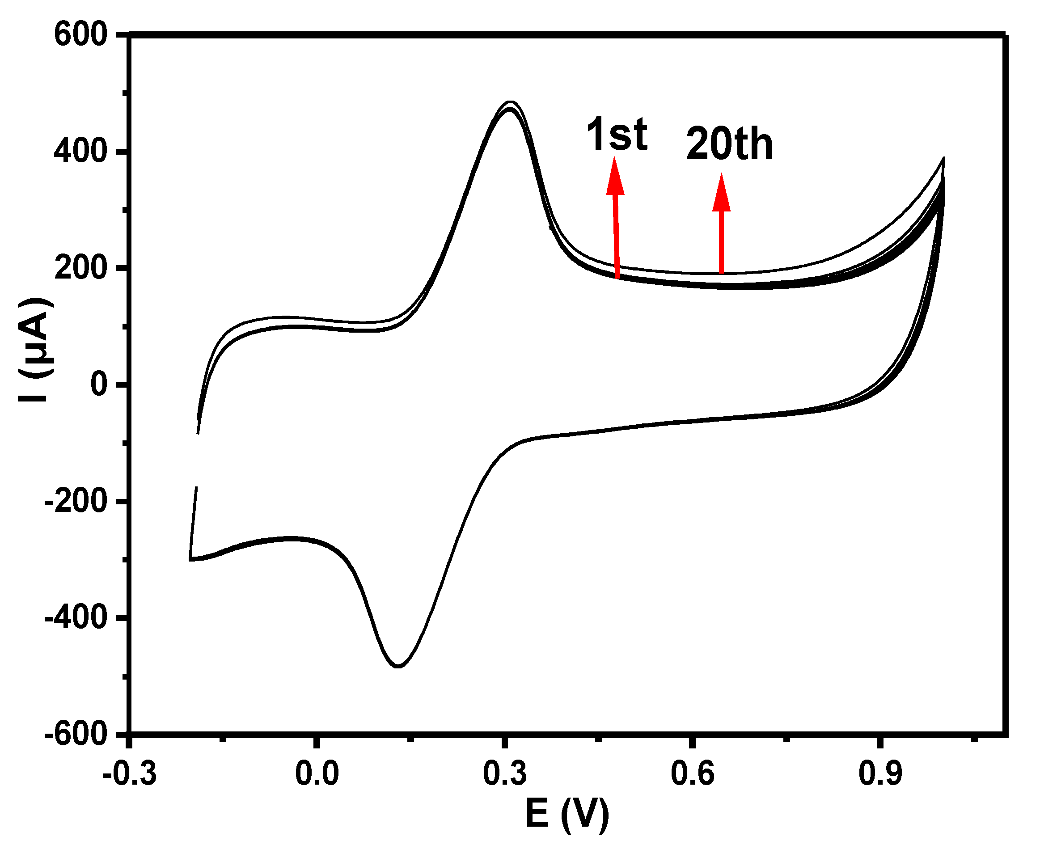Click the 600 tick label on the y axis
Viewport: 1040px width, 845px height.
coord(80,35)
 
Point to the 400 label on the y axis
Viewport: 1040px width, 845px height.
coord(80,152)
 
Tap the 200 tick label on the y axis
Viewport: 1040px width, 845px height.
coord(80,268)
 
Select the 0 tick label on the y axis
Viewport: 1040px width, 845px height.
coord(99,384)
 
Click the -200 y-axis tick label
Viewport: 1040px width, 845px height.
coord(76,500)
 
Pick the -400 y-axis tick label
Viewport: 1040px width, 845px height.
coord(76,617)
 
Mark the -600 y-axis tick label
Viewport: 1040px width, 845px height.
coord(76,733)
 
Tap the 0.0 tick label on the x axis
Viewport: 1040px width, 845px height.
coord(317,773)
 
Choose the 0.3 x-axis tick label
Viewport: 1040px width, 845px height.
coord(505,773)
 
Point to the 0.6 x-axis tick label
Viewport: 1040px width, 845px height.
coord(693,773)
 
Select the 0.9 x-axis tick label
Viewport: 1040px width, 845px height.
coord(880,773)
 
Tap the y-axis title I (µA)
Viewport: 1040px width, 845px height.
coord(35,350)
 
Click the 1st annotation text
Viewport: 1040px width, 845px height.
coord(617,134)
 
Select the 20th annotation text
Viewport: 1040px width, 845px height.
coord(729,144)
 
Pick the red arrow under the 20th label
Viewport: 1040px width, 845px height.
coord(721,224)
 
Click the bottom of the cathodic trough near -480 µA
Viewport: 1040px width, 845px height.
coord(398,666)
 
